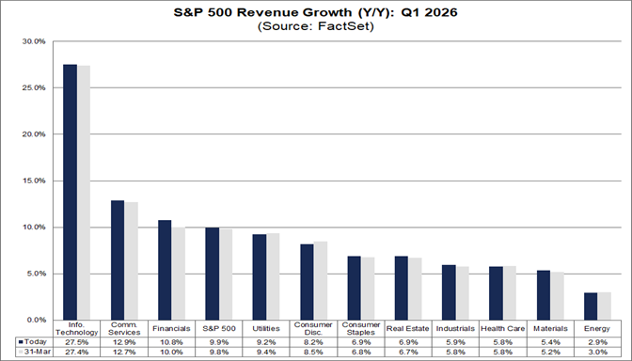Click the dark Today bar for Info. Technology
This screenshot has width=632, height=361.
(70, 192)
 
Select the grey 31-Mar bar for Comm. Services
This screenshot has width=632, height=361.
(131, 260)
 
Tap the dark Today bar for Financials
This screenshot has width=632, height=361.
(165, 270)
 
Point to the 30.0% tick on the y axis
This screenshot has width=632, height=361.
(33, 42)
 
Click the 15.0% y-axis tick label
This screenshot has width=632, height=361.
(33, 180)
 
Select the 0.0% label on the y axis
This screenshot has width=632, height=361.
(34, 320)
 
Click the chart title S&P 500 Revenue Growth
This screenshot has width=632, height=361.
(316, 12)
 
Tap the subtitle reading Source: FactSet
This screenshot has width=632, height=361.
(316, 27)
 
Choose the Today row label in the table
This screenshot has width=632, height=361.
(31, 341)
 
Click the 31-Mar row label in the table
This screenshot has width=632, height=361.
(31, 352)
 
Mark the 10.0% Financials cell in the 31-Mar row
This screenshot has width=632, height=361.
(172, 352)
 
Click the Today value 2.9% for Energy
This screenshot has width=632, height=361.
(596, 341)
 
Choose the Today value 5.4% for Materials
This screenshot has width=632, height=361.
(548, 341)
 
